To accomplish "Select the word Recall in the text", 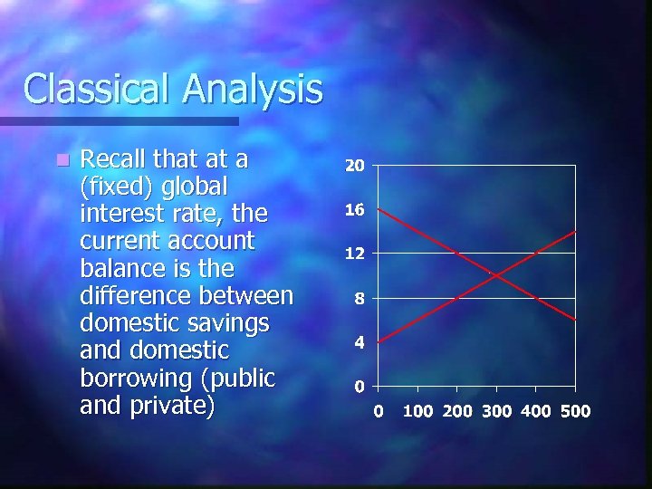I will (x=117, y=159).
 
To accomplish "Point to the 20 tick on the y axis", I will (x=354, y=167).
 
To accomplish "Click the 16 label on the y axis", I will (x=354, y=210).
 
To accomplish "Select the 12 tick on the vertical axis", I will (x=354, y=254).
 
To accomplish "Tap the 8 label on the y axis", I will (x=359, y=298).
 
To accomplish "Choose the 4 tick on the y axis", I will (x=359, y=342).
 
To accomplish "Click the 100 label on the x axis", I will (x=418, y=411).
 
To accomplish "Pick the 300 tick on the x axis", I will (x=496, y=411).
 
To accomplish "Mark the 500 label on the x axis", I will (x=575, y=411).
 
